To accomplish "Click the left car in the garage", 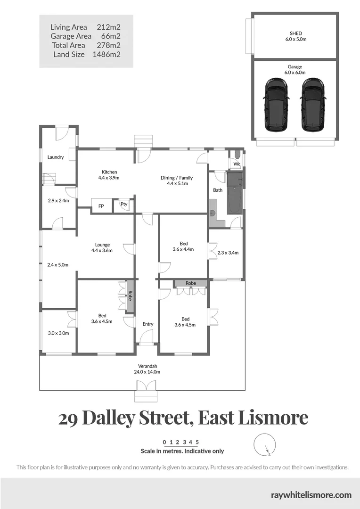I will point(276,105).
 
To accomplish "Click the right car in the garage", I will point(312,105).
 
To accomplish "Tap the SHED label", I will point(295,33).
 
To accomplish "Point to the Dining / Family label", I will point(177,178).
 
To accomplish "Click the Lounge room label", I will point(102,245).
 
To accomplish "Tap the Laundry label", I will point(55,157).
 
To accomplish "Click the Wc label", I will point(237,164).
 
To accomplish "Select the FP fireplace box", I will point(101,206).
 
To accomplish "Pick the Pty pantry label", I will point(124,205).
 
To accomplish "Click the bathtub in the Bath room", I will point(235,193).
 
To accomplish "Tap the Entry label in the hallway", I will point(148,324).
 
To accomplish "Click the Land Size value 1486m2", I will point(109,55).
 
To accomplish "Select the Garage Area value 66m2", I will point(111,36).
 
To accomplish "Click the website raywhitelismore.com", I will point(311,494).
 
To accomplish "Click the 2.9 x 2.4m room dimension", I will point(58,200).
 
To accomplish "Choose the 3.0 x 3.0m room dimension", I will point(58,333).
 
